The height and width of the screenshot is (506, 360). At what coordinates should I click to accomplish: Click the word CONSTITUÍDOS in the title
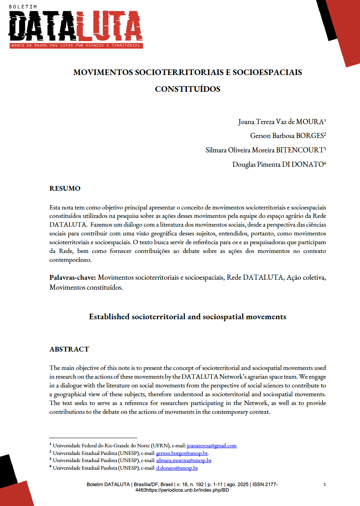click(187, 89)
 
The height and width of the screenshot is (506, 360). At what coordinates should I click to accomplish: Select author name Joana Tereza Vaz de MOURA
click(282, 122)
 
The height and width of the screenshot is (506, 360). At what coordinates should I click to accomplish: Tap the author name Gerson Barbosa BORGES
click(287, 136)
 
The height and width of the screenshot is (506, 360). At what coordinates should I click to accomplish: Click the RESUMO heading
click(65, 188)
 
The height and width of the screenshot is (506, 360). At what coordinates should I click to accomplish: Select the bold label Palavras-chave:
click(73, 277)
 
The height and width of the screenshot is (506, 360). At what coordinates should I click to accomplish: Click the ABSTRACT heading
click(69, 349)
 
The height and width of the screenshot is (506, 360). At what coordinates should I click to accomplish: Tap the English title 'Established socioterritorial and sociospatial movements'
click(188, 317)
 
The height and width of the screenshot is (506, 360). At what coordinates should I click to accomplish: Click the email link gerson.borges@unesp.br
click(182, 453)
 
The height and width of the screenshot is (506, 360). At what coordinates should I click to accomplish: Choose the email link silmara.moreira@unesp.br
click(184, 461)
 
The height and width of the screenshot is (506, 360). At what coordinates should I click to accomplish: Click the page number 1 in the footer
click(325, 484)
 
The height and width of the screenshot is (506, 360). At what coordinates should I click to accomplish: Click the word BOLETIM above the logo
click(20, 7)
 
